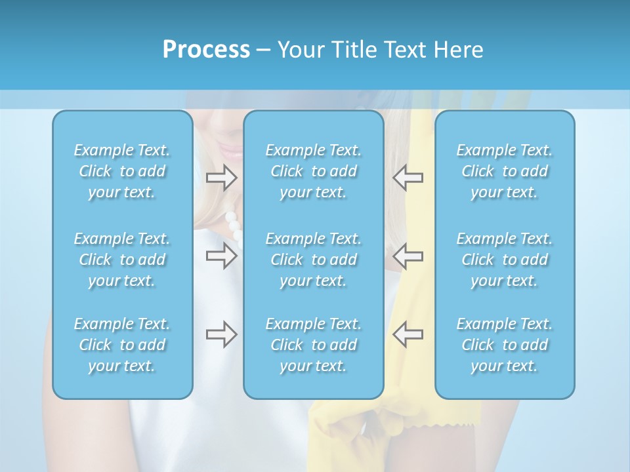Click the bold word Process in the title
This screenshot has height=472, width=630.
pos(206,50)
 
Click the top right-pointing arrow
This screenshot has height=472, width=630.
pos(221,177)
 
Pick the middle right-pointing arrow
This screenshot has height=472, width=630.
pos(221,256)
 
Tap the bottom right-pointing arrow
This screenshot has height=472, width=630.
pos(221,334)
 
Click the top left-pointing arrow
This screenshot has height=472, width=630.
pos(408,177)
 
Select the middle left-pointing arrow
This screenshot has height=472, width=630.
pos(408,256)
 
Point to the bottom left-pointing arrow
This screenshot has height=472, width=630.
pos(408,334)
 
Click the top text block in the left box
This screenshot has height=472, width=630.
pos(122,171)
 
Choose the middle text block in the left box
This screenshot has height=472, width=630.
pos(122,260)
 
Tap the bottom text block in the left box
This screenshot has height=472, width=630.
pos(122,345)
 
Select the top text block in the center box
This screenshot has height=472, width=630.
pos(314,171)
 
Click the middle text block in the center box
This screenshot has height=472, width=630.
pos(314,260)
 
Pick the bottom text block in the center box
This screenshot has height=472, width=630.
pos(314,345)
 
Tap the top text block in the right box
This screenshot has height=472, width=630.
pos(505,171)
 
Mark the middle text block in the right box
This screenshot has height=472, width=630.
pos(505,260)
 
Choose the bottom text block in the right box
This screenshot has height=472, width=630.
pos(505,345)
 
